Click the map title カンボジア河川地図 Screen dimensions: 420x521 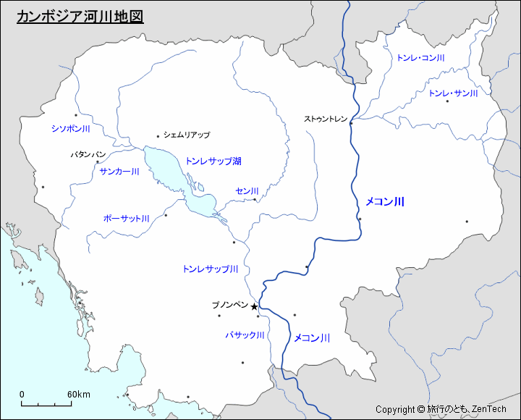coord(80,17)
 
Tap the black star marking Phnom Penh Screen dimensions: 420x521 coord(254,307)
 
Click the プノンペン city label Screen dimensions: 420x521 coord(229,305)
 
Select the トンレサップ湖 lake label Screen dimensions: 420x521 coord(213,161)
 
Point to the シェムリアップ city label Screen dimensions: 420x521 coord(187,135)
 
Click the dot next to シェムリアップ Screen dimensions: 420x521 coord(158,135)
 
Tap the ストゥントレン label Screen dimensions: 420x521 coord(326,119)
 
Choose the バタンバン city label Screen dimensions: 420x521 coord(88,155)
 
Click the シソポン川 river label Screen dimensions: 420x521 coord(70,128)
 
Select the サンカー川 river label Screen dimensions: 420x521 coord(119,172)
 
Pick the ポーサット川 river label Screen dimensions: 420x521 coord(126,218)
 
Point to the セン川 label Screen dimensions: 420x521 coord(247,190)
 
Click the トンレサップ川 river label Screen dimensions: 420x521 coord(211,269)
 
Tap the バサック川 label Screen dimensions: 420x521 coord(245,335)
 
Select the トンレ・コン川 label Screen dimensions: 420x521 coord(420,57)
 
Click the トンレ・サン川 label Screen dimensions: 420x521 coord(454,93)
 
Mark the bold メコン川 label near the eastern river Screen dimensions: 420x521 coord(384,202)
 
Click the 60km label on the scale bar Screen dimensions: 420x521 coord(79,394)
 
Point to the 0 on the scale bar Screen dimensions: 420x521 coord(22,394)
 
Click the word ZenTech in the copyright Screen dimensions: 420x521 coord(488,410)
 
